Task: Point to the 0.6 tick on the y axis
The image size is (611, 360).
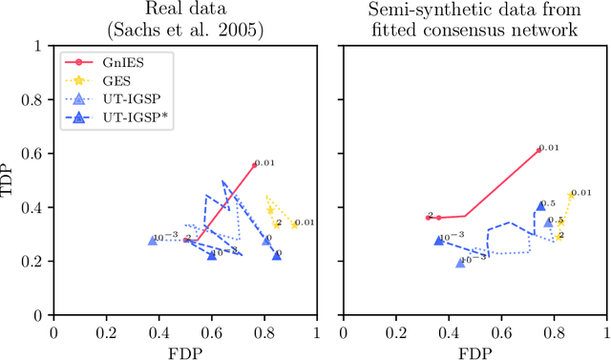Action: click(37, 154)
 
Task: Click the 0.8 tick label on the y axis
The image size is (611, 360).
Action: click(37, 99)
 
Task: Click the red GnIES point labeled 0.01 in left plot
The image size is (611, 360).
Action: click(254, 165)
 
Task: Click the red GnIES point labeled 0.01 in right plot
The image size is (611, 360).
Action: click(537, 149)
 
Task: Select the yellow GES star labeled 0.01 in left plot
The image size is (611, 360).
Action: click(294, 224)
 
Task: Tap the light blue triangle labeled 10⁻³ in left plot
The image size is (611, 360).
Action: click(153, 241)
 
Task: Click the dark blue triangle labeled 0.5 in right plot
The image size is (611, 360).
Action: click(541, 205)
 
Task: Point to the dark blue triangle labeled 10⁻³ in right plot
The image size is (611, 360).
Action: click(439, 241)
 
